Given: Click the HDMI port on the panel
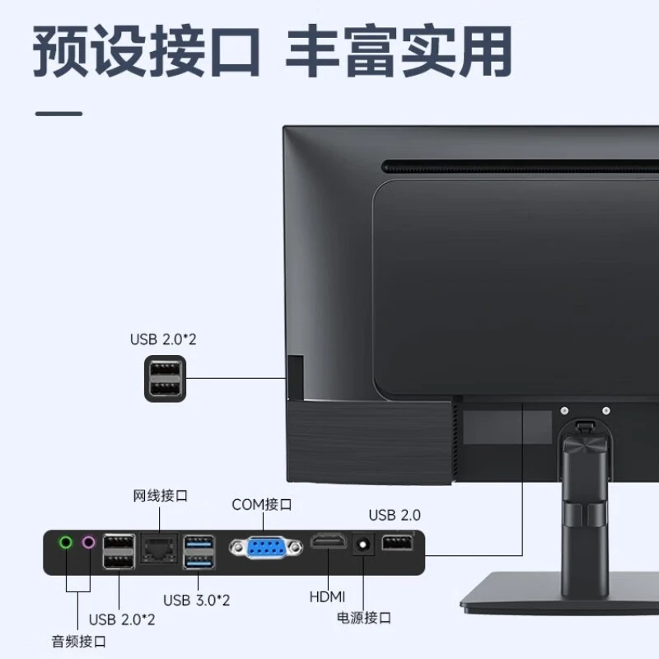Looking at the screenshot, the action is click(x=328, y=544).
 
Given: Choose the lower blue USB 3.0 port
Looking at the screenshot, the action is click(x=198, y=560).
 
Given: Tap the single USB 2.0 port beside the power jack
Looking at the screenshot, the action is click(x=397, y=544).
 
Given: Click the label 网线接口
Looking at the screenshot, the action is click(x=161, y=496).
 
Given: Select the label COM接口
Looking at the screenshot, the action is click(x=261, y=504).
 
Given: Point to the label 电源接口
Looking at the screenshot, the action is click(x=363, y=617).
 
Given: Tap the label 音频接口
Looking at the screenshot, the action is click(x=78, y=640).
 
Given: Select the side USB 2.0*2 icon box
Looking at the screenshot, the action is click(x=165, y=379).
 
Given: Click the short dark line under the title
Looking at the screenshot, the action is click(x=58, y=113).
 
